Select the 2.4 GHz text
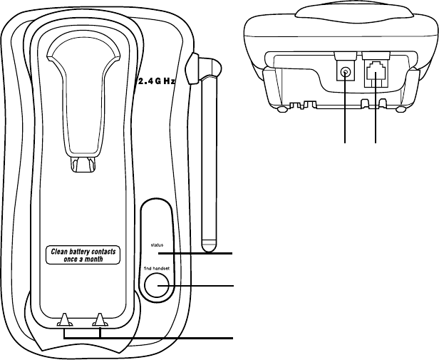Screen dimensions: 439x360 (x=155, y=81)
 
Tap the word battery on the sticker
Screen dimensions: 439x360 (x=85, y=252)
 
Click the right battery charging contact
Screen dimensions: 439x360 (x=100, y=320)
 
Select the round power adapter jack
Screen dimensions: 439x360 (x=346, y=73)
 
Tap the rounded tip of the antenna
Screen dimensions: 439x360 (x=208, y=247)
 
